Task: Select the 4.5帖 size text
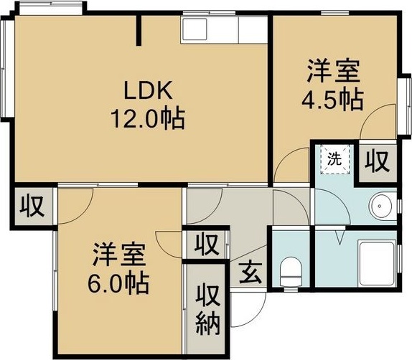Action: click(x=331, y=98)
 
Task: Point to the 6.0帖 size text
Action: click(x=118, y=282)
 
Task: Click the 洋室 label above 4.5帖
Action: click(x=331, y=72)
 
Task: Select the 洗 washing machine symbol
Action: click(x=334, y=160)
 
